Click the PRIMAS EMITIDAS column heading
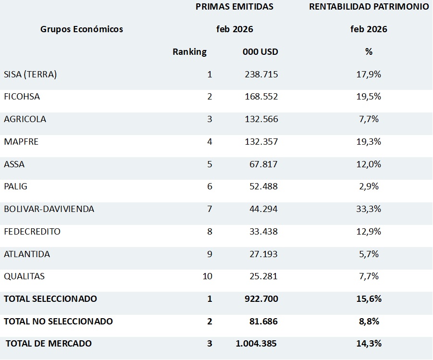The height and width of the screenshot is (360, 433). coord(235,7)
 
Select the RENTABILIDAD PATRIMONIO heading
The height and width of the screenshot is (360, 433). coord(369,7)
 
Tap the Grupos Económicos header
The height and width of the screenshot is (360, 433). coord(82,29)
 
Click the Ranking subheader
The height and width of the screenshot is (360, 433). coord(189,52)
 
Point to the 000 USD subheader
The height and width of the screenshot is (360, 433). coord(260,52)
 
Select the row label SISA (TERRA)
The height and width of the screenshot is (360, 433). coord(30,74)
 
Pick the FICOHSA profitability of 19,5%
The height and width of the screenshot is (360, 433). coord(369,97)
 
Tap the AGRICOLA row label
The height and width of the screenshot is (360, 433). coord(25,119)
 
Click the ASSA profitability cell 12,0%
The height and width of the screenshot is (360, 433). coord(369,164)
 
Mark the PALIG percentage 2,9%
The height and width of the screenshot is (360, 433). coord(369,186)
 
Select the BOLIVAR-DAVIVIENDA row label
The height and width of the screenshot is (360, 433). coord(49,209)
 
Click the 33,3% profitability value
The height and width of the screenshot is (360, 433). coord(369,209)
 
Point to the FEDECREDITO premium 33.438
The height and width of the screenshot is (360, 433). coord(262,231)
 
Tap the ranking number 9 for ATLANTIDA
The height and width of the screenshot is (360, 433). coord(210,254)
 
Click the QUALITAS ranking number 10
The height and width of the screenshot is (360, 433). coord(207,276)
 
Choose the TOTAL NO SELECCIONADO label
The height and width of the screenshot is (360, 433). coord(58,321)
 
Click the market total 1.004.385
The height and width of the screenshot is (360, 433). coord(256,344)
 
